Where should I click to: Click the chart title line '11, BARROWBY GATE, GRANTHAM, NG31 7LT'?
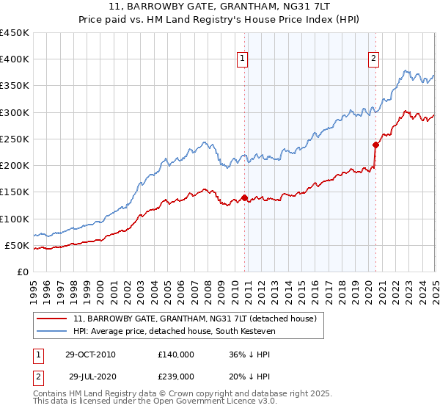click(219, 7)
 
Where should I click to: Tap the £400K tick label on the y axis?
click(14, 59)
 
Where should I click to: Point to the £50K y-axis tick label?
click(17, 245)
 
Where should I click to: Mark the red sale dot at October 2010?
click(245, 197)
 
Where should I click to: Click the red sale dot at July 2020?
click(375, 145)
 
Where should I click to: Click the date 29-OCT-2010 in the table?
click(90, 354)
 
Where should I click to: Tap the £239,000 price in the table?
click(175, 376)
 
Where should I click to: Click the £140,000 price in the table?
click(175, 354)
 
